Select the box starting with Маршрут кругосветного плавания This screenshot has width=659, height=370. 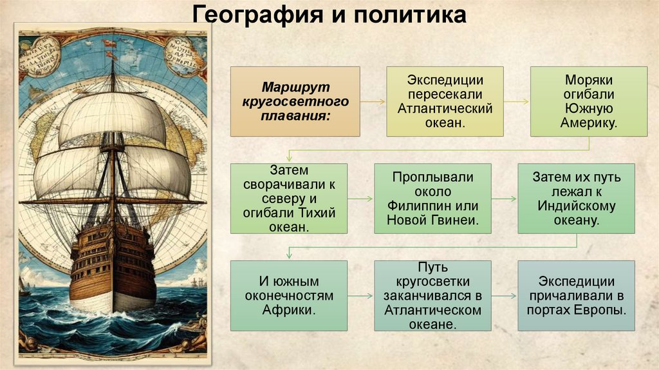295,101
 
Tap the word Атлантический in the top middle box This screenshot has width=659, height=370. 445,108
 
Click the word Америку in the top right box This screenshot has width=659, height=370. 589,122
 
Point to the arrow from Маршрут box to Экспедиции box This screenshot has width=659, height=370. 373,101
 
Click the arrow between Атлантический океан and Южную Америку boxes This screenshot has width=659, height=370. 516,101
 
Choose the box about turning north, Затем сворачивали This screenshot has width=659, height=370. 289,198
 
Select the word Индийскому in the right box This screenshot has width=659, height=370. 577,206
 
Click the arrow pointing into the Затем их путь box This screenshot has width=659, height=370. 505,199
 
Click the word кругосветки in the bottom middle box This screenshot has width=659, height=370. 432,282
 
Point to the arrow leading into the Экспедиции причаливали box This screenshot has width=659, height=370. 505,296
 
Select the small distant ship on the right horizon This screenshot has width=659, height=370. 196,282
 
